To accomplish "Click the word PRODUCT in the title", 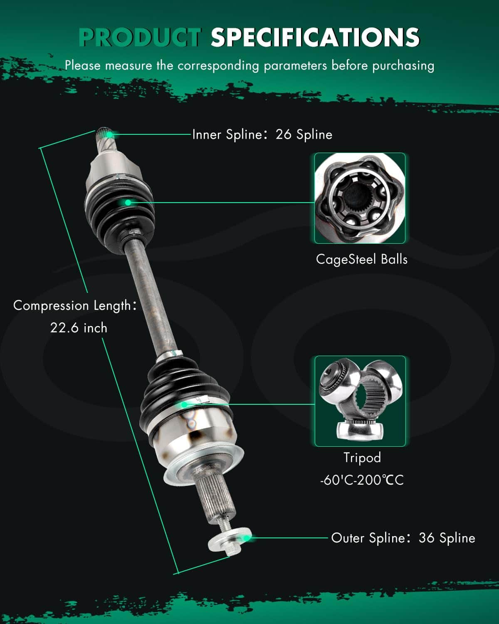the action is coord(140,37).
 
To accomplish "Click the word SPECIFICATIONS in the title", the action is coord(315,37).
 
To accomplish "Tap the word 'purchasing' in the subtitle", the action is coord(403,66).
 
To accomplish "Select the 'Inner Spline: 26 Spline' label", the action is coord(262,134).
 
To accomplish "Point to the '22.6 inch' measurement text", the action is coord(79,328).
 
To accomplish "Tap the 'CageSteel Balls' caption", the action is coord(361,259).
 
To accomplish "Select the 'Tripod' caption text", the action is coord(362,458).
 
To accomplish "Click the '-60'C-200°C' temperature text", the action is coord(361,480).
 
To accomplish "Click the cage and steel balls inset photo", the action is coord(360,198).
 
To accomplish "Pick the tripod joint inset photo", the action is coord(360,401).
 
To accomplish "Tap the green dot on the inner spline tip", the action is coord(109,134).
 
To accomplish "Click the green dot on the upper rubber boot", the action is coord(128,203).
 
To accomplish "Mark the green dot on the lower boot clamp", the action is coord(184,404).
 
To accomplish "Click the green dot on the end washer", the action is coord(247,538).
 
